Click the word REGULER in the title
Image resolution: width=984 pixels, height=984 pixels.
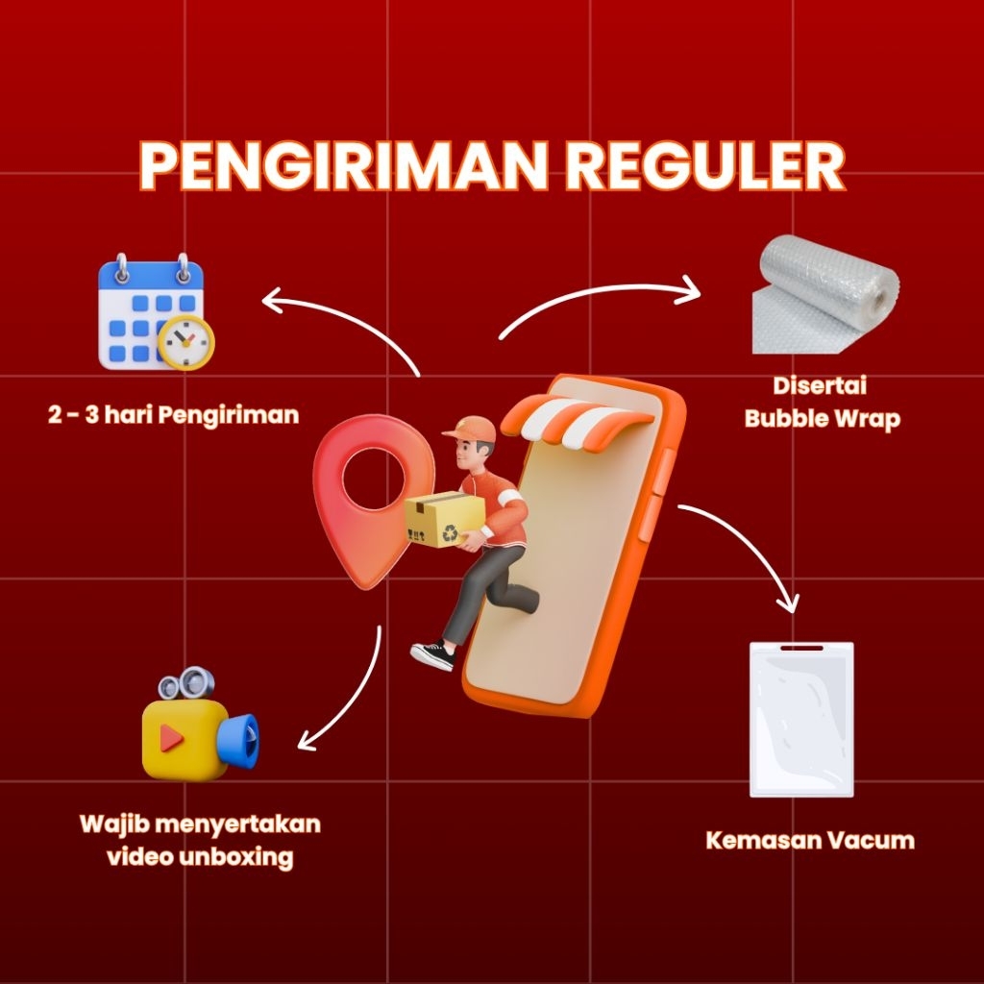(x=704, y=167)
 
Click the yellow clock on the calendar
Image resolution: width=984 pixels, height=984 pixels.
(x=186, y=341)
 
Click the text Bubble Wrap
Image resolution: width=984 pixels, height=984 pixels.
(x=822, y=420)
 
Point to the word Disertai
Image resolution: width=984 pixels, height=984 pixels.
(x=820, y=386)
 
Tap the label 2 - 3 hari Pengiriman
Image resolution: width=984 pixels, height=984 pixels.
(x=173, y=415)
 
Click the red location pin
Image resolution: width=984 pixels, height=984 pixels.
(x=359, y=495)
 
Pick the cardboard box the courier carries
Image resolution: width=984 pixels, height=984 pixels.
(x=445, y=519)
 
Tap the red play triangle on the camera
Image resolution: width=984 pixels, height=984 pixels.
(x=172, y=738)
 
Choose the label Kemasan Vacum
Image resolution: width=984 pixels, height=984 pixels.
(x=810, y=841)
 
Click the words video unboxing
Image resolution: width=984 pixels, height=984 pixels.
(x=200, y=856)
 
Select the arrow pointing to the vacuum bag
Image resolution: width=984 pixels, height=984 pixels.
(x=750, y=548)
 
